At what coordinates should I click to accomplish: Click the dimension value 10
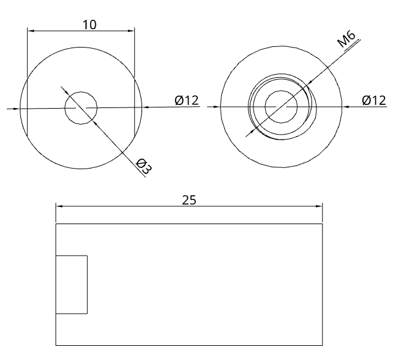[x=90, y=25]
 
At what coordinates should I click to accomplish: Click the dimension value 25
[x=189, y=200]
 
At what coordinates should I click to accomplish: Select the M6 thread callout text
[x=346, y=39]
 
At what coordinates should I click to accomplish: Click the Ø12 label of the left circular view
[x=187, y=100]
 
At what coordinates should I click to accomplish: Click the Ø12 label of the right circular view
[x=374, y=100]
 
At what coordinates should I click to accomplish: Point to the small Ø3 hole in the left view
[x=81, y=107]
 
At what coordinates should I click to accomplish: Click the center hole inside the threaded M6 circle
[x=281, y=107]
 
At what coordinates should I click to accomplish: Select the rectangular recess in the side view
[x=72, y=284]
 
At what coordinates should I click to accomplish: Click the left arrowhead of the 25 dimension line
[x=59, y=206]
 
